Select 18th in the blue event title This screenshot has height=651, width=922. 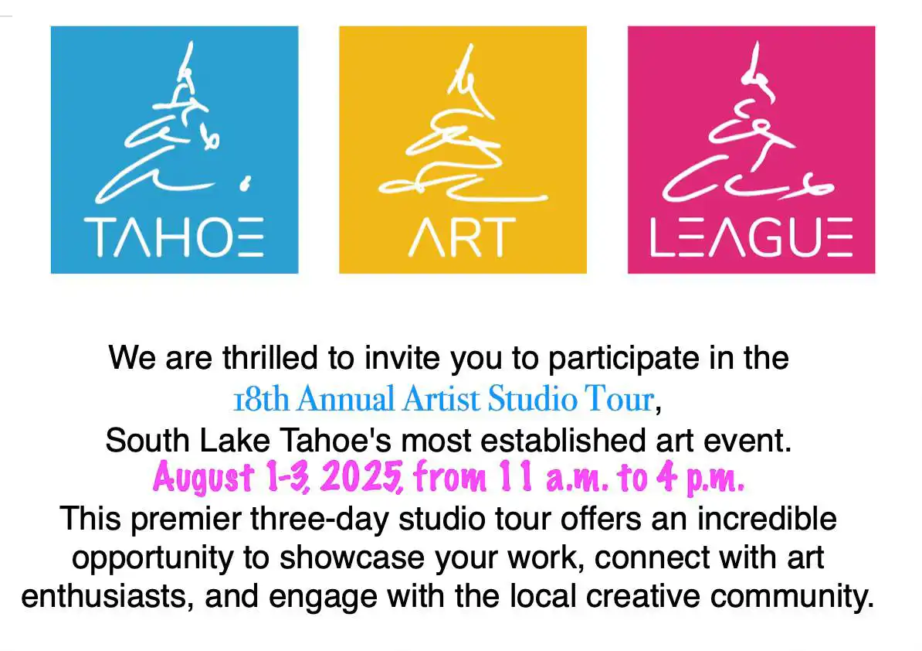tap(261, 399)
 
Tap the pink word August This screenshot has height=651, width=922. tap(203, 477)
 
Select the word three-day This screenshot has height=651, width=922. tap(320, 519)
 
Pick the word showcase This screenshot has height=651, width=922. tap(351, 558)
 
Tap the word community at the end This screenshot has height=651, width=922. tap(792, 597)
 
